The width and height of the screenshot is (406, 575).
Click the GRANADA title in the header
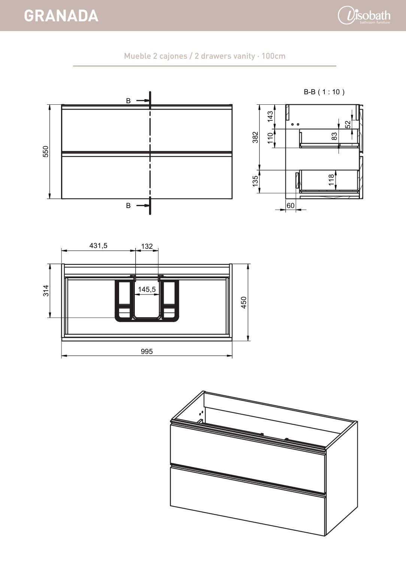(61, 16)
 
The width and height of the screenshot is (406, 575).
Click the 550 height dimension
(45, 152)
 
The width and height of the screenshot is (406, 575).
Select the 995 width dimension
(147, 351)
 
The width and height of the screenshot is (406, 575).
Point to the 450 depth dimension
(244, 302)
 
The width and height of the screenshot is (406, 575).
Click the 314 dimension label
(46, 291)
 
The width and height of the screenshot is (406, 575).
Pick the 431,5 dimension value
(98, 246)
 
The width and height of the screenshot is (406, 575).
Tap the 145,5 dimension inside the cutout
(147, 290)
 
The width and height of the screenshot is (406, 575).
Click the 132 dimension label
(147, 247)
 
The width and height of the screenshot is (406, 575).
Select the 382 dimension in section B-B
(255, 137)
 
